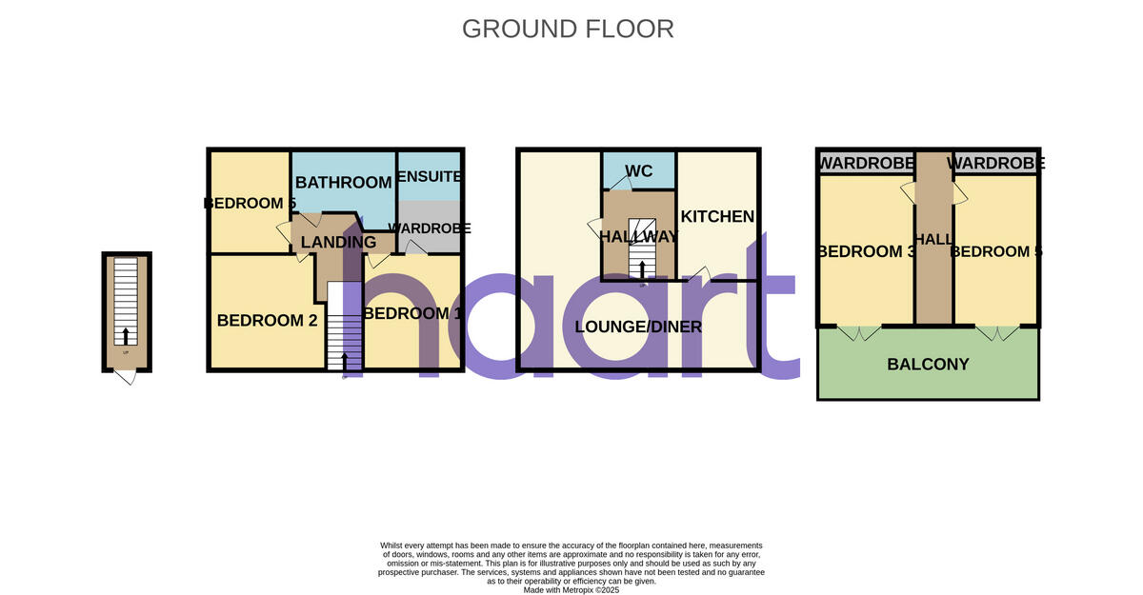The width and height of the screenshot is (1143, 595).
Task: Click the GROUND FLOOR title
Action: point(568,29)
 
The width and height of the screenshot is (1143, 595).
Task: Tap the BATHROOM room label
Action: point(343,182)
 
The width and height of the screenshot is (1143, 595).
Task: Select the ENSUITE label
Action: point(429,177)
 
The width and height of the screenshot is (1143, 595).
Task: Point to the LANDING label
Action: point(338,242)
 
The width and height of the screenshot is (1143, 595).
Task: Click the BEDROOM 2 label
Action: point(267,321)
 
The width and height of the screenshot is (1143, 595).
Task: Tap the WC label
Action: point(638,171)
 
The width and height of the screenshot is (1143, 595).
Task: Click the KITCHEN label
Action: point(717,217)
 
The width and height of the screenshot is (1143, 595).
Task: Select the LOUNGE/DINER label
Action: point(638,327)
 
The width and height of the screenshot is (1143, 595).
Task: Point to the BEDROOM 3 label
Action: point(860,251)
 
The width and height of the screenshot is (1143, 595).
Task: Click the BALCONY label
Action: point(928,364)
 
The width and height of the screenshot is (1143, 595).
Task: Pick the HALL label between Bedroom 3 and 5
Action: point(933,240)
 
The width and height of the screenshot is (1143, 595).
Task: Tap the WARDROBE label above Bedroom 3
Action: point(866,164)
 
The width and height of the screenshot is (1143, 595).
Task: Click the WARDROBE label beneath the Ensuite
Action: point(431,228)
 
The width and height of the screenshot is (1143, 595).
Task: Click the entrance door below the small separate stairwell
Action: point(125,377)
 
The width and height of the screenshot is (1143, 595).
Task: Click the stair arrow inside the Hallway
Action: point(643,271)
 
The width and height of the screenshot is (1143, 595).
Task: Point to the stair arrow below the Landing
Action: point(344,361)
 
